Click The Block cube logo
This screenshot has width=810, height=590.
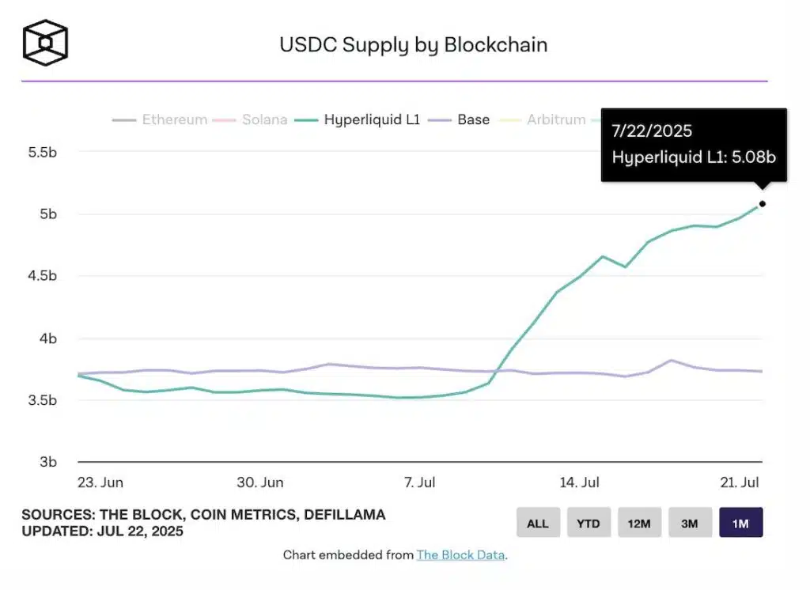(x=45, y=42)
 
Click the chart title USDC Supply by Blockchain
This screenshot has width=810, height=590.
(x=413, y=44)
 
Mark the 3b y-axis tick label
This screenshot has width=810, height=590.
(x=48, y=462)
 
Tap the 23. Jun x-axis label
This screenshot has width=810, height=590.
(x=100, y=482)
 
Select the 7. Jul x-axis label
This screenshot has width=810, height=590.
(x=419, y=482)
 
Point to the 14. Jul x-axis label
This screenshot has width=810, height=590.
(x=579, y=482)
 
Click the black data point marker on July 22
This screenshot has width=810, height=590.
(x=763, y=204)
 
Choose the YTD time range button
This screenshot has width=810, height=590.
(x=589, y=523)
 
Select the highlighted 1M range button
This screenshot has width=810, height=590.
(x=740, y=523)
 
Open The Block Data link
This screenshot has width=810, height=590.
(x=460, y=555)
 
